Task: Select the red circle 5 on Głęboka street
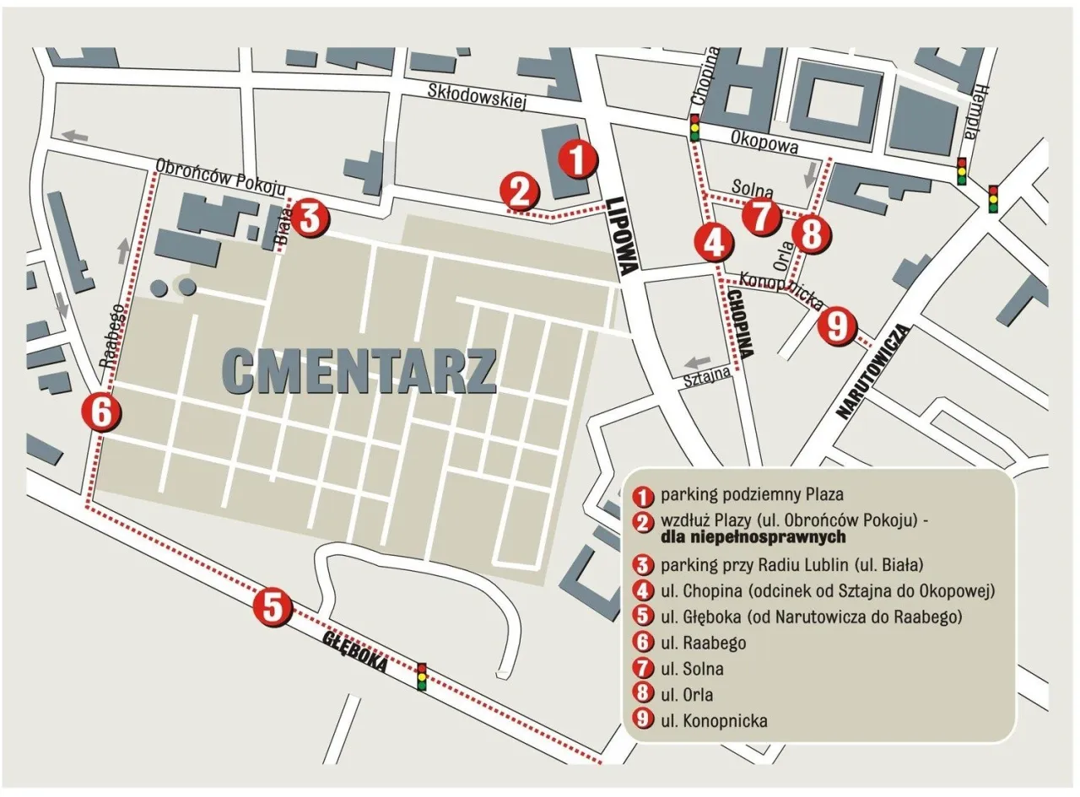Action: pyautogui.click(x=273, y=606)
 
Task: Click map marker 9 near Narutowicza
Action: pyautogui.click(x=837, y=326)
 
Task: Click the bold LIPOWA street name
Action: pyautogui.click(x=623, y=238)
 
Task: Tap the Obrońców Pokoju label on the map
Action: pyautogui.click(x=222, y=174)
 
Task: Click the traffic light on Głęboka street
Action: pyautogui.click(x=421, y=676)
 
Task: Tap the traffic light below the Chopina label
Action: pyautogui.click(x=695, y=127)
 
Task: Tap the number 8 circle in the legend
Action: pyautogui.click(x=645, y=694)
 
